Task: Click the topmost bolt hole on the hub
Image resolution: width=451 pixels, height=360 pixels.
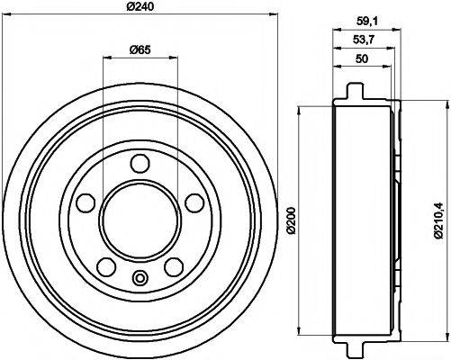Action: [139, 163]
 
